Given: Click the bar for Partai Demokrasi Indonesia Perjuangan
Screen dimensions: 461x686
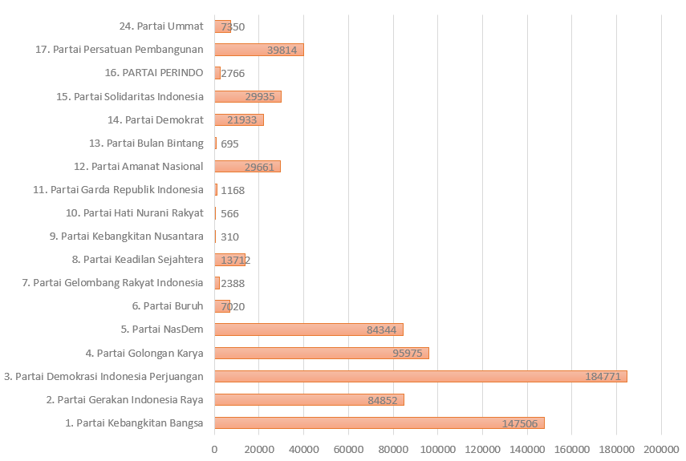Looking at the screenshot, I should click(x=420, y=376).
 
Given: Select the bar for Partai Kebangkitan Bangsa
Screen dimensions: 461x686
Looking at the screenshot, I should click(x=379, y=423).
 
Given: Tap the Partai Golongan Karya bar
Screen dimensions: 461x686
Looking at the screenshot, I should click(x=321, y=353).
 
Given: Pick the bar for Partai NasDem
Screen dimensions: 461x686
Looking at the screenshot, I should click(x=308, y=330).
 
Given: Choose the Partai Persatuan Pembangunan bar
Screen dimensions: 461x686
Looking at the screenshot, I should click(x=258, y=50).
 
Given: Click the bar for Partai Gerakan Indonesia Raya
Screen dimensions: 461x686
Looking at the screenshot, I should click(x=309, y=399).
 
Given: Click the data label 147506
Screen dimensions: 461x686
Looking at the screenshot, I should click(x=521, y=423).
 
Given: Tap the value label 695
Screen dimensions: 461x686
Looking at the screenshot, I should click(x=229, y=144).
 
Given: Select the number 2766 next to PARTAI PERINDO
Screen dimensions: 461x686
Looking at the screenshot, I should click(x=233, y=73).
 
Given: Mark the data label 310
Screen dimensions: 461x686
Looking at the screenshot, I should click(x=229, y=237).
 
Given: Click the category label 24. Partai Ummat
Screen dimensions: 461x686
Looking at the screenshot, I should click(x=160, y=26).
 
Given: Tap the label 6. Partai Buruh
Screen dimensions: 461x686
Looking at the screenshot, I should click(x=167, y=306).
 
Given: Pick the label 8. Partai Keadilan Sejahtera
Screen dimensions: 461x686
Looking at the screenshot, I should click(x=137, y=260).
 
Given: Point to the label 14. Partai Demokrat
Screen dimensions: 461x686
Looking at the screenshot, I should click(x=155, y=120).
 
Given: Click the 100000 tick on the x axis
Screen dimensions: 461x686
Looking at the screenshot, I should click(x=438, y=450).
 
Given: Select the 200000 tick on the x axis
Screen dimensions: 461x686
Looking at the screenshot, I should click(x=661, y=450).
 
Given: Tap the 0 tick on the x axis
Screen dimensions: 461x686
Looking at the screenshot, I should click(x=214, y=450).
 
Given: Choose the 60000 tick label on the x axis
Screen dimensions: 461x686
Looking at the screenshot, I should click(x=348, y=450).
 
